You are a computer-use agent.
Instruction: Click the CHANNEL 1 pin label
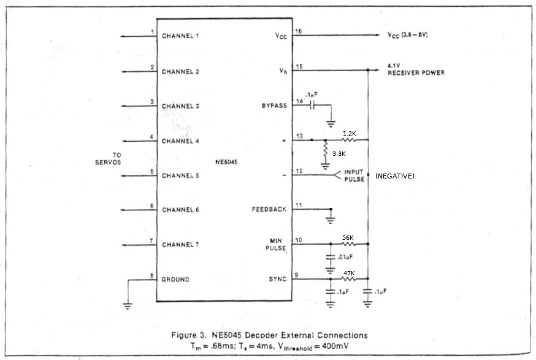click(180, 36)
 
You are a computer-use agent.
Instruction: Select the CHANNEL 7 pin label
click(180, 245)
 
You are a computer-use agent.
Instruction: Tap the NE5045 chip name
click(226, 163)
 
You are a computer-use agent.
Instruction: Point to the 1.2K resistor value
click(350, 133)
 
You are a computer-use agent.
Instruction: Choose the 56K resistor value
click(348, 237)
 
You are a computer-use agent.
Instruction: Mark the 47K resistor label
click(348, 272)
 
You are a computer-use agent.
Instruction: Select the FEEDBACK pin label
click(269, 210)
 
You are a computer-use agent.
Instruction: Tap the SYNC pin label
click(277, 280)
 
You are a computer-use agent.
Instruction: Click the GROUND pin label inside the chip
click(176, 280)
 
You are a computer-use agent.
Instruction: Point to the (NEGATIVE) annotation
click(395, 177)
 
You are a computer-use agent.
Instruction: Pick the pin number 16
click(299, 31)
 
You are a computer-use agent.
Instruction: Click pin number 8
click(151, 275)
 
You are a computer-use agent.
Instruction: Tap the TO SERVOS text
click(108, 158)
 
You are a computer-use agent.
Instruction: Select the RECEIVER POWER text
click(416, 73)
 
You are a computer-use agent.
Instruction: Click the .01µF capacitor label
click(344, 256)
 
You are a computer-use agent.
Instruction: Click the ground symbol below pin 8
click(128, 304)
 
